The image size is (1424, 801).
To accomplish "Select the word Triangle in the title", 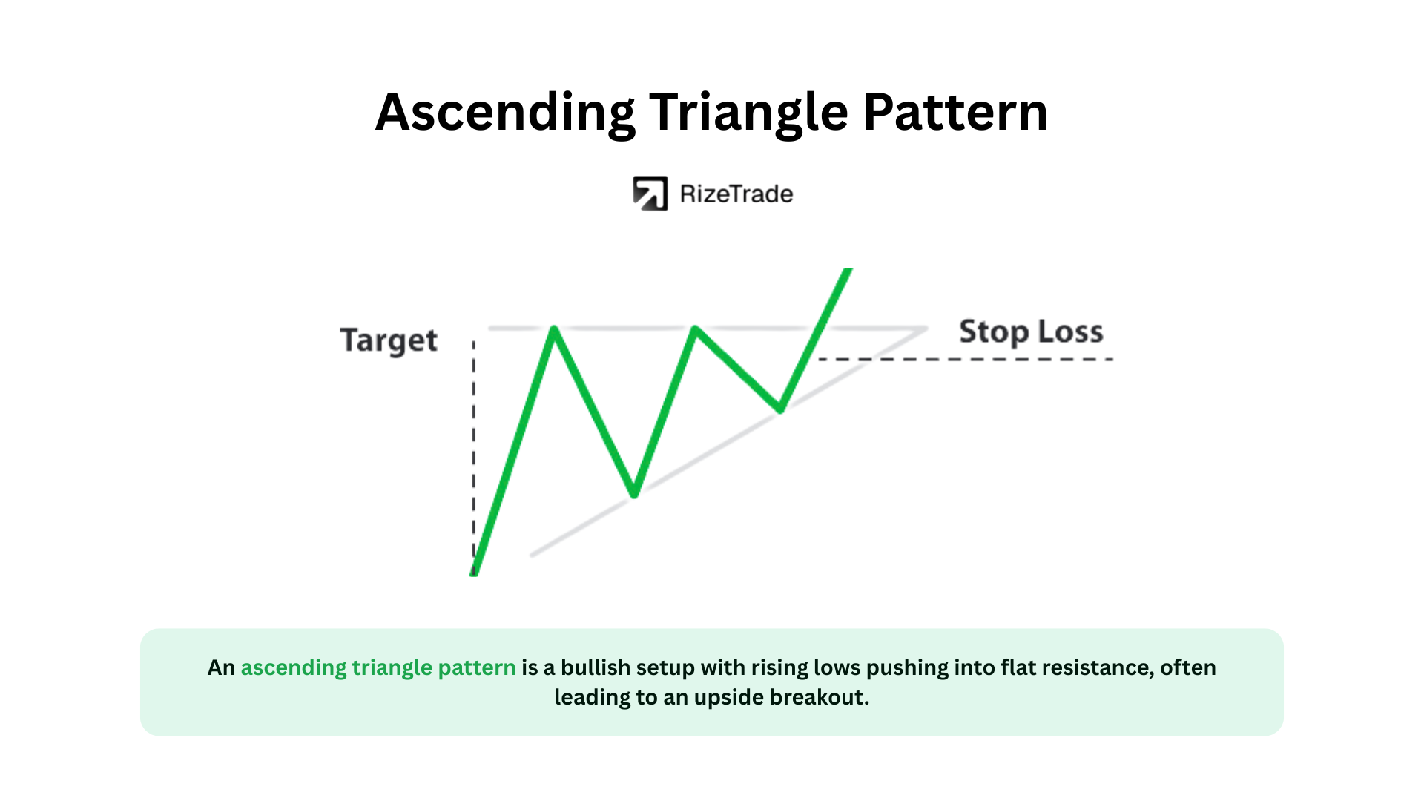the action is tap(749, 113).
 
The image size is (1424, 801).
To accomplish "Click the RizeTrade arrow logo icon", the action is tap(650, 194).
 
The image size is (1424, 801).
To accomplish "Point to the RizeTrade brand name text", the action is tap(736, 194).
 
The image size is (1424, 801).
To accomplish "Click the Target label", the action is tap(389, 341).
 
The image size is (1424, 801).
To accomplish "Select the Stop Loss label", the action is tap(1031, 332).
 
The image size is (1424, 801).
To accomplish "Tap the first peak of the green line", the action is tap(554, 329).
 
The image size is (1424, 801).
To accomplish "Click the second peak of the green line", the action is tap(695, 329).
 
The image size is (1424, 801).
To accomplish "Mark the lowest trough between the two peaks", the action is tap(635, 494).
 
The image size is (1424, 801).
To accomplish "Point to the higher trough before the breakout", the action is tap(780, 409).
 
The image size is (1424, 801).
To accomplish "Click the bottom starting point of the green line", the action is tap(474, 573).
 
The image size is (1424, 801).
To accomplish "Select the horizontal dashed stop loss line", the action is tap(966, 360).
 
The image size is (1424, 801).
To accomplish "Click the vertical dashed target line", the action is tap(474, 456).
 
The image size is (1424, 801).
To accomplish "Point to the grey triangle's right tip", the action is tap(927, 328).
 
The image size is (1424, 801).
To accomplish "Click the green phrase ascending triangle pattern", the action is tap(378, 668).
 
